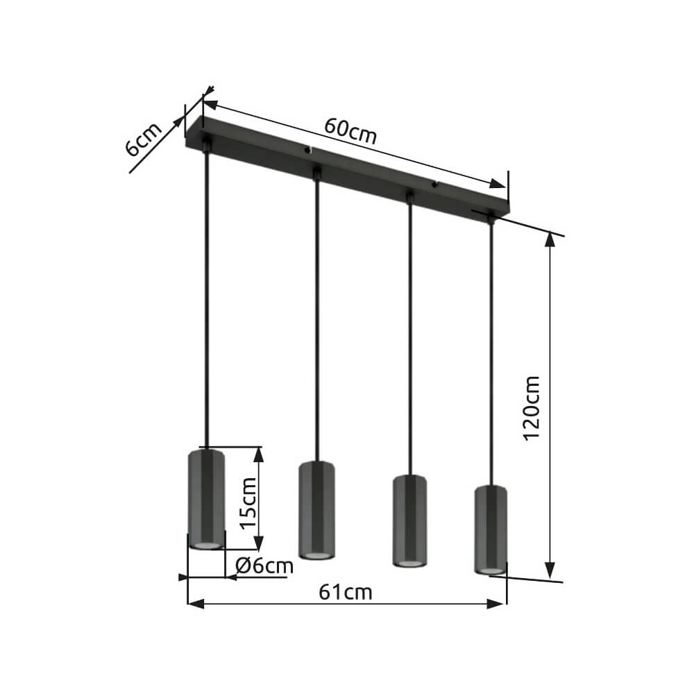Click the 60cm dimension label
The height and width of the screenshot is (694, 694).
pos(350,132)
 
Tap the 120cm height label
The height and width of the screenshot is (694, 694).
pos(532,407)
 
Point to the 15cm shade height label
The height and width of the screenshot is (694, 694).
pos(248,502)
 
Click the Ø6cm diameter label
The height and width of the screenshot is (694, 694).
pos(264,566)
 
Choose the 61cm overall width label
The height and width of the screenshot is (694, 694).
pos(346,592)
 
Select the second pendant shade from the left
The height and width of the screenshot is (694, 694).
pos(317,510)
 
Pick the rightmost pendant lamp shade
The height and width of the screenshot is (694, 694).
pos(491,530)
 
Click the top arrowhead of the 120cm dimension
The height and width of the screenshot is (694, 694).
pos(550,239)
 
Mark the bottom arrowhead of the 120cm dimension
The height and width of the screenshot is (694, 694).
pos(550,570)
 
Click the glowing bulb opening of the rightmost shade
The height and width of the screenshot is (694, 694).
pos(491,570)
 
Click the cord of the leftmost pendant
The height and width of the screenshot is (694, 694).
pos(206,298)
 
